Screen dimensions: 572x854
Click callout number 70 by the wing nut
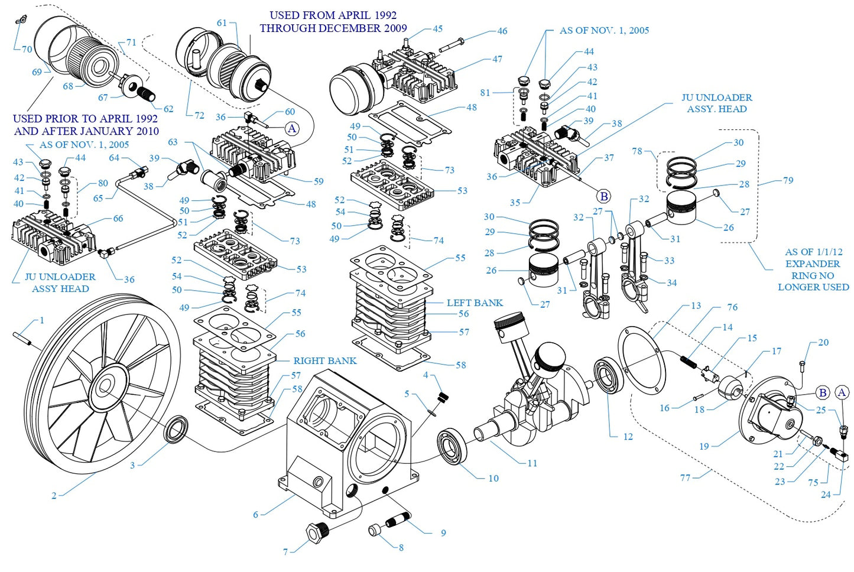point(27,49)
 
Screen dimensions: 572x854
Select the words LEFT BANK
point(475,303)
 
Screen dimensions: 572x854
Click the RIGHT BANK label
point(324,360)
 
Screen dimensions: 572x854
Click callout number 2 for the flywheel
point(54,495)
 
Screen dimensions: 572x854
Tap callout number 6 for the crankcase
point(256,515)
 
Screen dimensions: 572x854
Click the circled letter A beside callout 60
point(292,129)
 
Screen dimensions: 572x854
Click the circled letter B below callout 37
point(603,196)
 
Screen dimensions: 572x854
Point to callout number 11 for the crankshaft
point(532,463)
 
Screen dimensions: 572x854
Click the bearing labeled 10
point(453,447)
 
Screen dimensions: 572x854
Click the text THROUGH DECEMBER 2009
point(333,28)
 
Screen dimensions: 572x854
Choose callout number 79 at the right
point(788,180)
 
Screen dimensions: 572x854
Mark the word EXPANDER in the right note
point(812,264)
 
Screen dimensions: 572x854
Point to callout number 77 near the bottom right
point(685,477)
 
